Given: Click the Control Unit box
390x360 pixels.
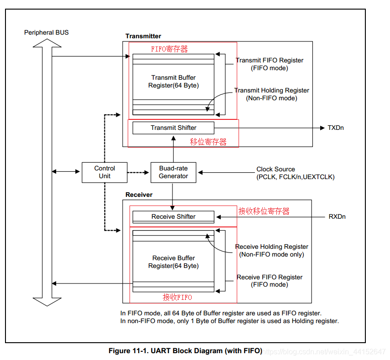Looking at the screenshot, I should coord(104,172).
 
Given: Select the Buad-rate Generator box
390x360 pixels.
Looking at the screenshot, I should coord(173,172).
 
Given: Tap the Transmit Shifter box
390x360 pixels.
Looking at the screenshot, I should coord(173,128).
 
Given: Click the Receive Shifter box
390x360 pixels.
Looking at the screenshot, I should coord(173,216).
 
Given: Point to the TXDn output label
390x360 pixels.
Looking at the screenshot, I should coord(336,128).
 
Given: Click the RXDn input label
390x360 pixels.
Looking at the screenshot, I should coord(337,216).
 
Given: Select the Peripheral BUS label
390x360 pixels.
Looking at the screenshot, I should coord(47,33).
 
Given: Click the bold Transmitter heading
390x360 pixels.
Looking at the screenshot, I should coord(143,36).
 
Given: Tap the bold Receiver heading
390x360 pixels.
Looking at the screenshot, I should coord(139,195).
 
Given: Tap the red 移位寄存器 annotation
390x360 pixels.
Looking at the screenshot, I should coord(208,142).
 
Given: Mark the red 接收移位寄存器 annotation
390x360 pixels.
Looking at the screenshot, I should coord(264,211).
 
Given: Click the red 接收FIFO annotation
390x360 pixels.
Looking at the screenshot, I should coord(177,297).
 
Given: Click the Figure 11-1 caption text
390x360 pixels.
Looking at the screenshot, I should coord(185,351).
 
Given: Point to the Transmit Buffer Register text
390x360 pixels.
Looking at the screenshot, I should coord(173,82).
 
